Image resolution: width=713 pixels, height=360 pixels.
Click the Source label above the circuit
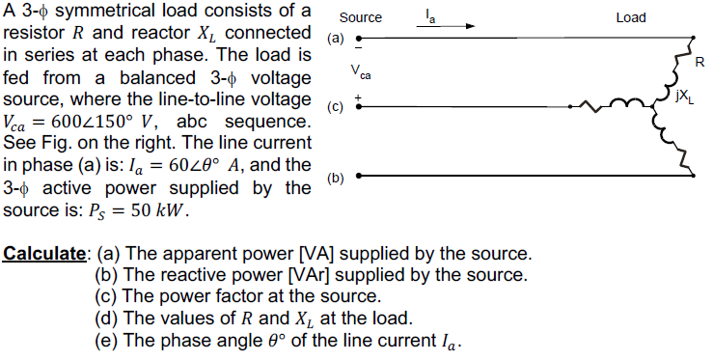[x=361, y=18]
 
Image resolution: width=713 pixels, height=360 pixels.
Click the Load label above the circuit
[x=630, y=18]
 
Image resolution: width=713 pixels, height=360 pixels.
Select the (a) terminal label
[x=335, y=40]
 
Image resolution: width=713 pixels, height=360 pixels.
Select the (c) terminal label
[x=335, y=107]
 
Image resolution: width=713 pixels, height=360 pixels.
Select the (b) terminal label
[x=335, y=178]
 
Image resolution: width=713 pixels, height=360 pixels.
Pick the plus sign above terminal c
[x=358, y=97]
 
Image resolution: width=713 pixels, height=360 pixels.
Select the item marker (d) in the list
[x=106, y=318]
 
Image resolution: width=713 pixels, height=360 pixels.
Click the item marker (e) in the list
[x=106, y=340]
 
